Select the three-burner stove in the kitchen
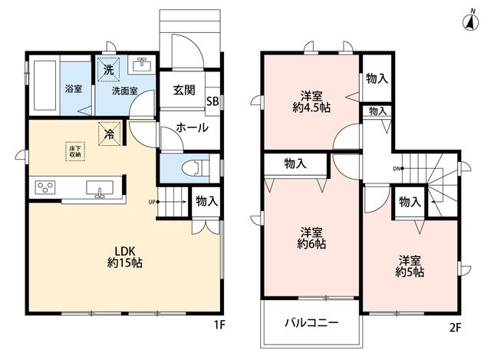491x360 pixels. (45, 187)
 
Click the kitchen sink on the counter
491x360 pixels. (100, 190)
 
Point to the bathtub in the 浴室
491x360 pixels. (44, 85)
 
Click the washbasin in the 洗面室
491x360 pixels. (142, 65)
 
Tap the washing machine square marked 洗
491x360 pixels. (108, 70)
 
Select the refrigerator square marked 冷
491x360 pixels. (110, 134)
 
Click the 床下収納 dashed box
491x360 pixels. (75, 151)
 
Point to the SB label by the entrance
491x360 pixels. (213, 101)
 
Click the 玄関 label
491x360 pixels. (184, 91)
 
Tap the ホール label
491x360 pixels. (192, 127)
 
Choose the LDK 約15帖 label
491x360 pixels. (125, 256)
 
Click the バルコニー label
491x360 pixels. (311, 322)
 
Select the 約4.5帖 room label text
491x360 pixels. (311, 107)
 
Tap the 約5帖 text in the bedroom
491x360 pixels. (410, 272)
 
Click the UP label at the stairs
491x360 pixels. (152, 202)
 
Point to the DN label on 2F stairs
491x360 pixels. (397, 169)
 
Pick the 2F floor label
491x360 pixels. (456, 328)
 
